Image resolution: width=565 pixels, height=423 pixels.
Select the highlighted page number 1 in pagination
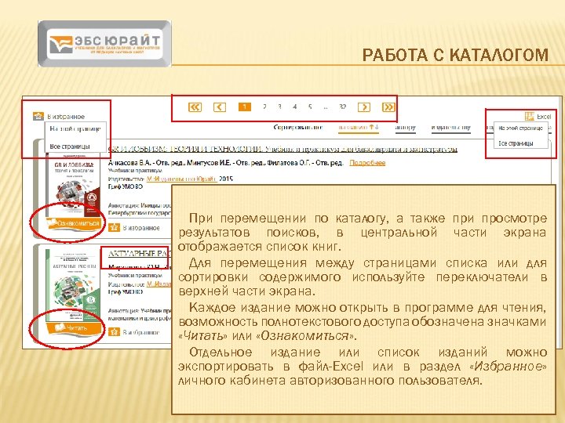(x=245, y=107)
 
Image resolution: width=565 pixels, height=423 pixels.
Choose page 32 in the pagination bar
(x=343, y=107)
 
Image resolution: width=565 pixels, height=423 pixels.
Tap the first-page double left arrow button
(x=195, y=107)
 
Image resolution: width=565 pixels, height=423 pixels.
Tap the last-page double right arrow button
(x=388, y=107)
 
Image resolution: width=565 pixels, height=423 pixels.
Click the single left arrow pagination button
(x=220, y=107)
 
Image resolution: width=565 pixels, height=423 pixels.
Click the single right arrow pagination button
(x=364, y=107)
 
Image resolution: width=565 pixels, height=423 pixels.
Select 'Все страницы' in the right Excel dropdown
(x=515, y=143)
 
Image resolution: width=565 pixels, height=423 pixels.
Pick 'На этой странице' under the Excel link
(x=520, y=128)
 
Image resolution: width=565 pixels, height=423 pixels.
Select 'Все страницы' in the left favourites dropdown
(x=70, y=146)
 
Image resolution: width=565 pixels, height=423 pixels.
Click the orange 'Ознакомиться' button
(x=74, y=223)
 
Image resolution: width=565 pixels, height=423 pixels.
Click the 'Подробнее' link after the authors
(x=367, y=162)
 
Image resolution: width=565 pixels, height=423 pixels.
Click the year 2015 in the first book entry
(x=226, y=179)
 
